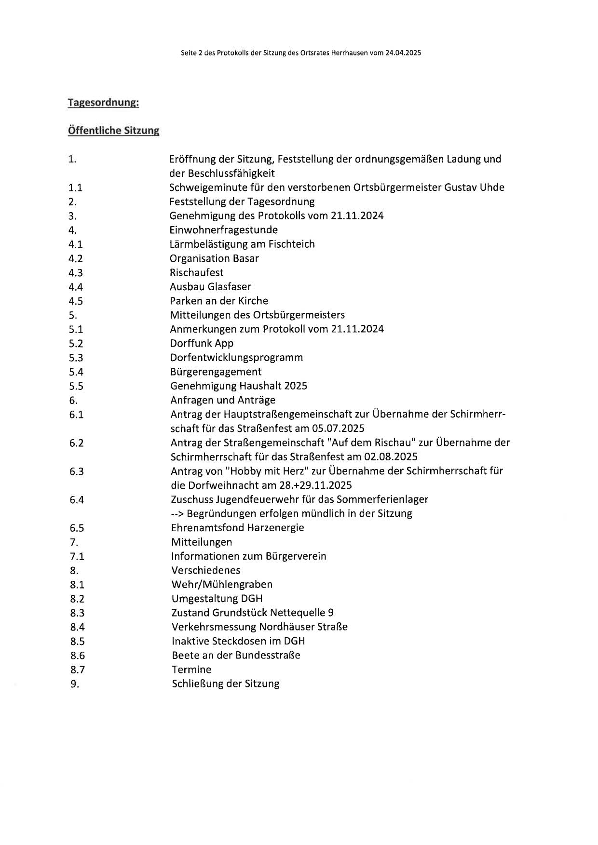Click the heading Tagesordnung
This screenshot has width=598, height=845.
point(103,103)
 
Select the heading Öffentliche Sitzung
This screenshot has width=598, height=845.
point(113,131)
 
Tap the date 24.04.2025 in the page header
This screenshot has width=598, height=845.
point(403,54)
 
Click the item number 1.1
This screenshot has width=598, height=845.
point(75,188)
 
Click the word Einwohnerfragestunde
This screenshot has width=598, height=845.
point(223,230)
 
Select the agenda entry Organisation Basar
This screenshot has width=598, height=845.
point(214,258)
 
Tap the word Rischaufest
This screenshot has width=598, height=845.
point(196,272)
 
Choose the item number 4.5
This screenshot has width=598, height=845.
point(76,301)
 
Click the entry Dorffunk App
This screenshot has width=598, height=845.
point(202,344)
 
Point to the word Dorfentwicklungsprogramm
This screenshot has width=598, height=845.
point(236,358)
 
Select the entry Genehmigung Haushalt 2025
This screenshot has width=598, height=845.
point(239,386)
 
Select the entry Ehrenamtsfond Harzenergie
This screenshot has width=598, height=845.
point(237,528)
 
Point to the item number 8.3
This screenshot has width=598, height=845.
point(77,613)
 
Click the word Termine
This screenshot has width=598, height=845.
point(191,670)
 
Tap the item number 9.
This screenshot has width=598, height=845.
point(74,684)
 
